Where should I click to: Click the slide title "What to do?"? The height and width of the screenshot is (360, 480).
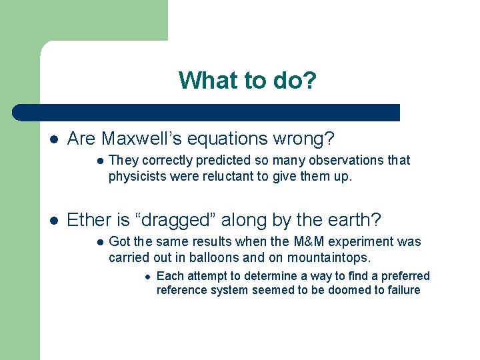[x=247, y=81]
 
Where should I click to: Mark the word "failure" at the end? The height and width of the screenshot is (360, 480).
[x=402, y=290]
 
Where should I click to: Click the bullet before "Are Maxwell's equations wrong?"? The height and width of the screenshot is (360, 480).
[x=53, y=139]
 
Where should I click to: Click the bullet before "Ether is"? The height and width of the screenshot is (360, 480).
[x=53, y=221]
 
